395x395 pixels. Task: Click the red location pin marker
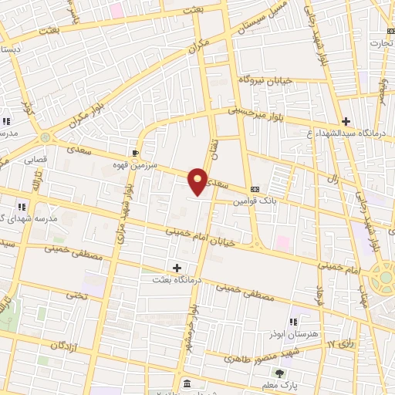tap(198, 181)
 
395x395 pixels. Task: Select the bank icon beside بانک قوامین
tap(255, 190)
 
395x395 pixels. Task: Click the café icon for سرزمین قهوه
tap(136, 153)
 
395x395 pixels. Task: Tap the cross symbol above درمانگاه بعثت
tap(177, 268)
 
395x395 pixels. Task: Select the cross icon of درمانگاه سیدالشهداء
tap(346, 121)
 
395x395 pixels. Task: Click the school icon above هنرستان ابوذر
tap(293, 321)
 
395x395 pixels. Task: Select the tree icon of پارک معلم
tap(279, 373)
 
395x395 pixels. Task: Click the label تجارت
tap(380, 43)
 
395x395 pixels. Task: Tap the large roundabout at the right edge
tap(383, 277)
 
